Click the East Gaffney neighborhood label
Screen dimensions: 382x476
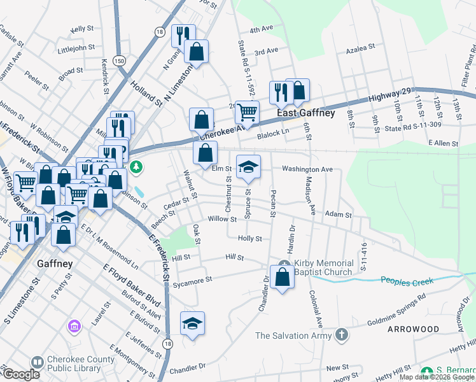point(305,113)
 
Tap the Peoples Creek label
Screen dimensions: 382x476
point(407,280)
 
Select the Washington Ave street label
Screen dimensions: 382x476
point(307,170)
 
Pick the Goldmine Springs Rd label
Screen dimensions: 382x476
point(396,307)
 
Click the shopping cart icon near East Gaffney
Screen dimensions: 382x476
point(247,113)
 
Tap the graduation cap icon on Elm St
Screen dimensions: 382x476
point(248,167)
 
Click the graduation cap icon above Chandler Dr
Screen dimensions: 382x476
point(192,323)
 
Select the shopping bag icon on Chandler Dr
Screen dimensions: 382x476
point(282,277)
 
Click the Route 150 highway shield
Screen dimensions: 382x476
point(119,60)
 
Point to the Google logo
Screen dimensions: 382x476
point(20,375)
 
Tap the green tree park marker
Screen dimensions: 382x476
point(136,168)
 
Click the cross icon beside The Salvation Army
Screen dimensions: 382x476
point(342,335)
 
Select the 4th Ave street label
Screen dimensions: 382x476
point(261,29)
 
